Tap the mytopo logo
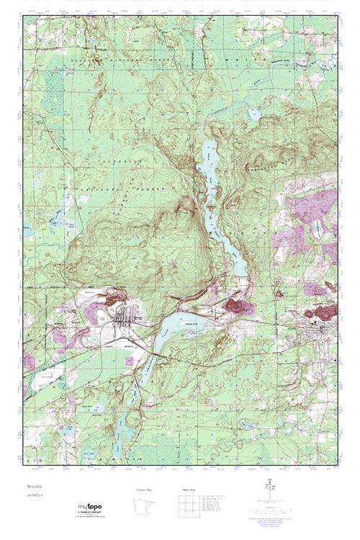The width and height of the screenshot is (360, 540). pyautogui.click(x=94, y=509)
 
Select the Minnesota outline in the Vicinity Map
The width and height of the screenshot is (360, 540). pyautogui.click(x=145, y=508)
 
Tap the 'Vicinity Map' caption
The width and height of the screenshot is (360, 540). pyautogui.click(x=145, y=490)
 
